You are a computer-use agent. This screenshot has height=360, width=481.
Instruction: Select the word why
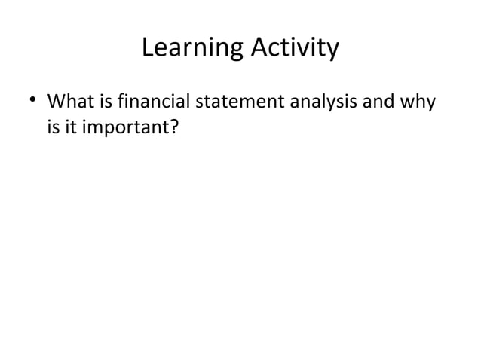tap(418, 101)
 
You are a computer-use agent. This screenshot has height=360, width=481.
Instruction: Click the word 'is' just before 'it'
tap(53, 128)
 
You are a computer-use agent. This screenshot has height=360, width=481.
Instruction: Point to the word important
tap(124, 129)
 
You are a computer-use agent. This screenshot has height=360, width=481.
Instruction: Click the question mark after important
tap(174, 128)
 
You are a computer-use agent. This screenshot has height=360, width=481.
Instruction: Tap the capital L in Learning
tap(148, 49)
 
